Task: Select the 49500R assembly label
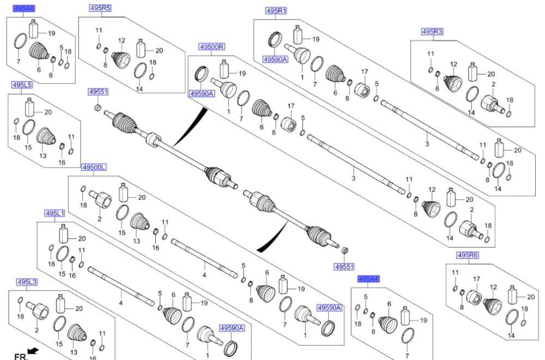tap(212, 47)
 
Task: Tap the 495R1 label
tap(276, 11)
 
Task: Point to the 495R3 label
tap(432, 32)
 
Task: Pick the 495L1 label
tap(55, 213)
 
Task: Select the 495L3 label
tap(27, 282)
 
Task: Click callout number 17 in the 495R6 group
tap(476, 279)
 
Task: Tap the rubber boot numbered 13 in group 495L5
tap(46, 138)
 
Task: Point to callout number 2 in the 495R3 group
tap(493, 84)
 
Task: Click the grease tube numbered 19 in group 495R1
tap(300, 35)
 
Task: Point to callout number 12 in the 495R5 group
tap(122, 40)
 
